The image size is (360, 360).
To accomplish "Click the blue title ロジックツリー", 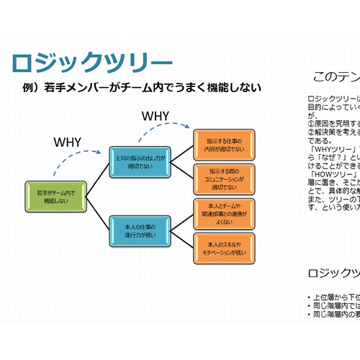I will click(x=92, y=63).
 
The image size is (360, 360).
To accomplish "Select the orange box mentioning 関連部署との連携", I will click(x=224, y=212).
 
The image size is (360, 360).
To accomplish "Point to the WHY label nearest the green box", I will click(x=68, y=141).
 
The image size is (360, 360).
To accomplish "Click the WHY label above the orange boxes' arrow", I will click(x=156, y=115).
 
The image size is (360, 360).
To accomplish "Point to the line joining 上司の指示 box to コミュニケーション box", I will click(x=182, y=168).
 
